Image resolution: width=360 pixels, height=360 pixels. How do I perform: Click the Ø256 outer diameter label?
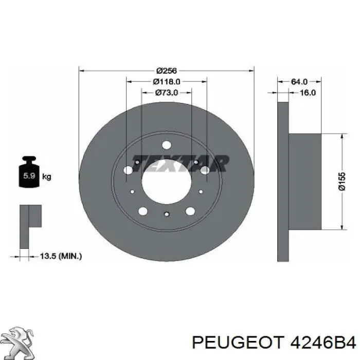[x=167, y=71]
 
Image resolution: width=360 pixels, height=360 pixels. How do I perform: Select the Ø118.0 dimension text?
[x=167, y=81]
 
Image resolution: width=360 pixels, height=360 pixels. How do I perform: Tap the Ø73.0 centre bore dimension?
[x=167, y=93]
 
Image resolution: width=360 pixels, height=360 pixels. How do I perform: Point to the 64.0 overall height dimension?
[x=299, y=81]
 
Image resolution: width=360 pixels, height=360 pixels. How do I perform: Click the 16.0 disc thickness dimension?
[x=308, y=93]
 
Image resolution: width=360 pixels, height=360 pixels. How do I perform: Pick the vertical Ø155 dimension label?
[x=342, y=182]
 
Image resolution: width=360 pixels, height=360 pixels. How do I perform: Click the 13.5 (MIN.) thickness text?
[x=61, y=256]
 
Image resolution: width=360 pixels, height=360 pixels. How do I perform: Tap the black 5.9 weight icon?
[x=29, y=172]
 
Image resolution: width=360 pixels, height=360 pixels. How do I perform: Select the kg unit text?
[x=47, y=177]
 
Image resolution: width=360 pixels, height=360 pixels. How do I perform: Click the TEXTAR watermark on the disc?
[x=181, y=163]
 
